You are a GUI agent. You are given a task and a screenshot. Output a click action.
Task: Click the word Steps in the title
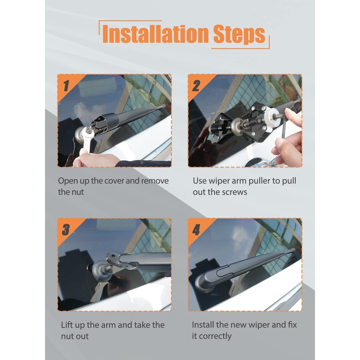coord(238,34)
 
